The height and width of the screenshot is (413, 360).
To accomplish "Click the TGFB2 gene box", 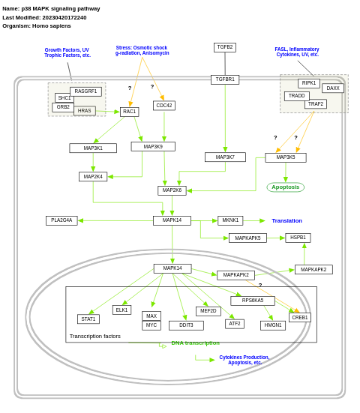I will tap(225, 47).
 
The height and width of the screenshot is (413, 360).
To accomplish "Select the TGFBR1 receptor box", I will tap(225, 79).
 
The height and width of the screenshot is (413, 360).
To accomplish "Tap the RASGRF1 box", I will tap(85, 91).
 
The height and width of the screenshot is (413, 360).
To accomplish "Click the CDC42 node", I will tap(164, 106).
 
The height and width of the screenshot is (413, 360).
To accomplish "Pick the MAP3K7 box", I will tap(225, 157).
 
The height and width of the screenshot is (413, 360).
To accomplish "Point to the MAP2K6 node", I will tap(172, 190).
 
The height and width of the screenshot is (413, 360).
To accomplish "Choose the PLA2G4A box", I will tap(61, 220).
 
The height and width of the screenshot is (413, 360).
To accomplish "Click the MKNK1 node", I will tap(230, 220).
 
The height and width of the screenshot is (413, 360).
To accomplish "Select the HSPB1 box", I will tap(298, 238).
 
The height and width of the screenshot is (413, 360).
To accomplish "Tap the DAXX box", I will tap(333, 88).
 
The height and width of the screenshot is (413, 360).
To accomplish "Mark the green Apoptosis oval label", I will tap(285, 187).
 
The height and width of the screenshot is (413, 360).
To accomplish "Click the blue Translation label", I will tap(286, 220).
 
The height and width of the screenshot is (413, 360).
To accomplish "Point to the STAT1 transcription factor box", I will tap(88, 319).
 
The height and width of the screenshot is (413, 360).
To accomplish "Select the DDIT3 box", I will tap(186, 325).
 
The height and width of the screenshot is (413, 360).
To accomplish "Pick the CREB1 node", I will tap(300, 318).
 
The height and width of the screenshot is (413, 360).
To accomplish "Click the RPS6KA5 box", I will tap(253, 301).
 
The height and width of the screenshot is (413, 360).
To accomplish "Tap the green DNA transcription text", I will tap(195, 343).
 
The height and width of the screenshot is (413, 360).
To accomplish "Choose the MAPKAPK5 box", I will tap(247, 238).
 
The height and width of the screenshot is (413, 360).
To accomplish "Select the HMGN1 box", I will tap(273, 325).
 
